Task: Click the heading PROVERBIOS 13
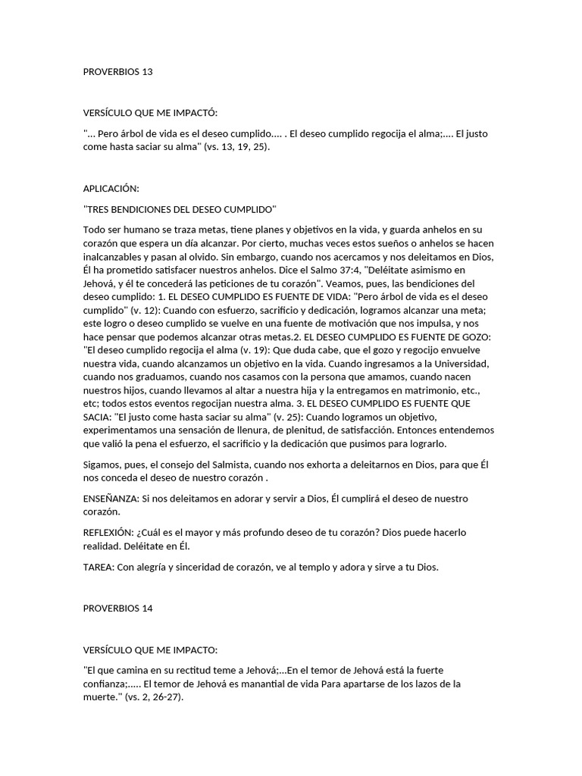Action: [117, 72]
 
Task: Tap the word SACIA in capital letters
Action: [97, 418]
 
